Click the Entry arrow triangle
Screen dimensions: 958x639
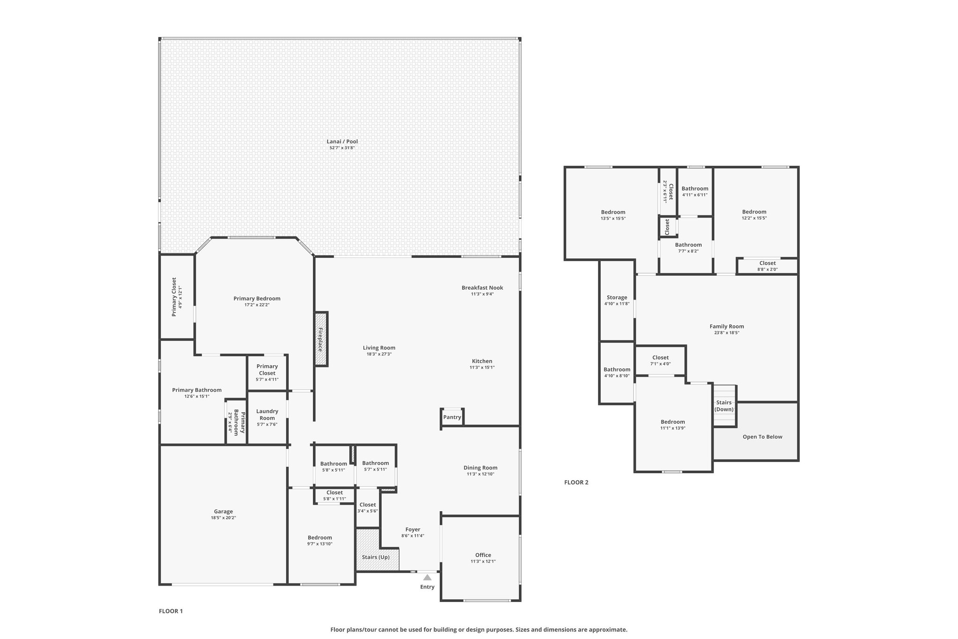[x=428, y=578]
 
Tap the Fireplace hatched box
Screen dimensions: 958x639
[x=321, y=339]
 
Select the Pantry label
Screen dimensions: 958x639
[x=452, y=417]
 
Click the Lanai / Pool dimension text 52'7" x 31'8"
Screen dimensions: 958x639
[x=342, y=148]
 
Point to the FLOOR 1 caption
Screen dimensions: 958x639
[x=171, y=611]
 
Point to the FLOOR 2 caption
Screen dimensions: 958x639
[x=576, y=482]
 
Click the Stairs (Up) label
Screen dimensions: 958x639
[x=376, y=557]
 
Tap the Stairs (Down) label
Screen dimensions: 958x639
[x=724, y=406]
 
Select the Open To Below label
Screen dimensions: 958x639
[x=762, y=437]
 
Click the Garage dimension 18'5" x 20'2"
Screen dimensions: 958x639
[x=224, y=518]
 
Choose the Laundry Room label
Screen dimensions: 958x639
[x=267, y=415]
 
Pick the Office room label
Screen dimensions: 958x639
[x=483, y=555]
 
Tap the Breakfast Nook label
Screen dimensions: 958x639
[x=482, y=287]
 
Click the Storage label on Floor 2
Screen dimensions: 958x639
[x=617, y=297]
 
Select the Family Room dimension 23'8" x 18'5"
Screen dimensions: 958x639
[x=727, y=333]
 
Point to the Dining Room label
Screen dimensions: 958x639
[x=480, y=468]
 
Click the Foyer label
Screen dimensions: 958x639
[x=413, y=529]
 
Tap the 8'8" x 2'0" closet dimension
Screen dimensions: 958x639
[x=768, y=269]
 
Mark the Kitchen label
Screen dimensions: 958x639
[x=482, y=361]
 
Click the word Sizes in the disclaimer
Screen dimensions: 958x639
[x=523, y=630]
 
